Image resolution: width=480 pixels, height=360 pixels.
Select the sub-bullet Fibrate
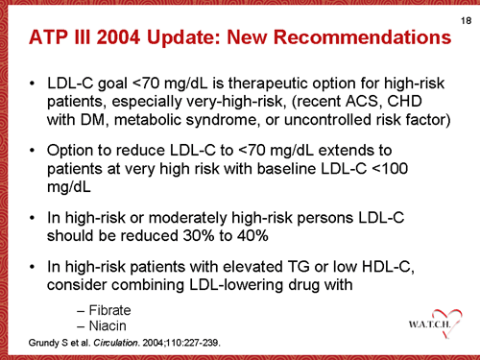tap(108, 310)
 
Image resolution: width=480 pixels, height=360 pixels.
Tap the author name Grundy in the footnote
tap(29, 343)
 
